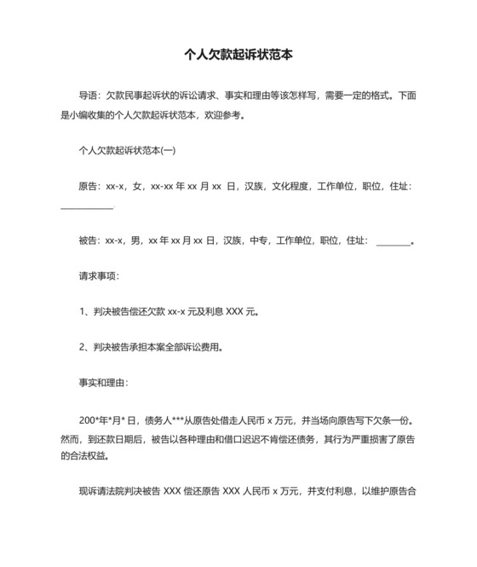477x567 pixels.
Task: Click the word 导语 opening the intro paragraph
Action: [88, 95]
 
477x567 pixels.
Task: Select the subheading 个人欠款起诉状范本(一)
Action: [127, 151]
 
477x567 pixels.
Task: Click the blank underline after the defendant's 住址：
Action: [393, 243]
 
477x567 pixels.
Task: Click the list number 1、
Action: [83, 311]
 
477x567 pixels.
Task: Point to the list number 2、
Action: [83, 346]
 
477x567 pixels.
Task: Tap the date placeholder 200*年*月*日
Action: [109, 420]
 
